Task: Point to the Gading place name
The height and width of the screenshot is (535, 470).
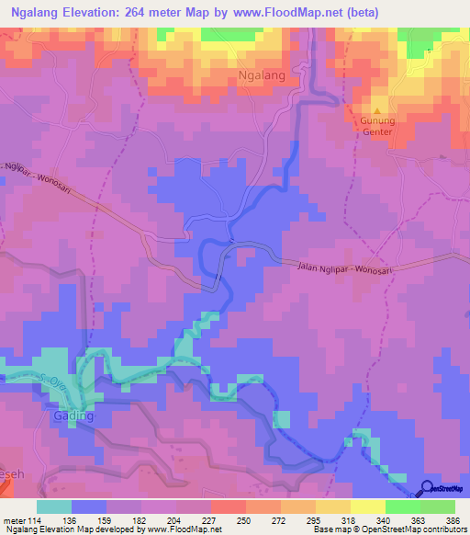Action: [75, 415]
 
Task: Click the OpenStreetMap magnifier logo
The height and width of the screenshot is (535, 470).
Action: [428, 488]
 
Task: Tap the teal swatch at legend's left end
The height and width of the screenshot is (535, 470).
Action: [54, 507]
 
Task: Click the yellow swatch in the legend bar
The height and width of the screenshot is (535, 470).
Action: [367, 507]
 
